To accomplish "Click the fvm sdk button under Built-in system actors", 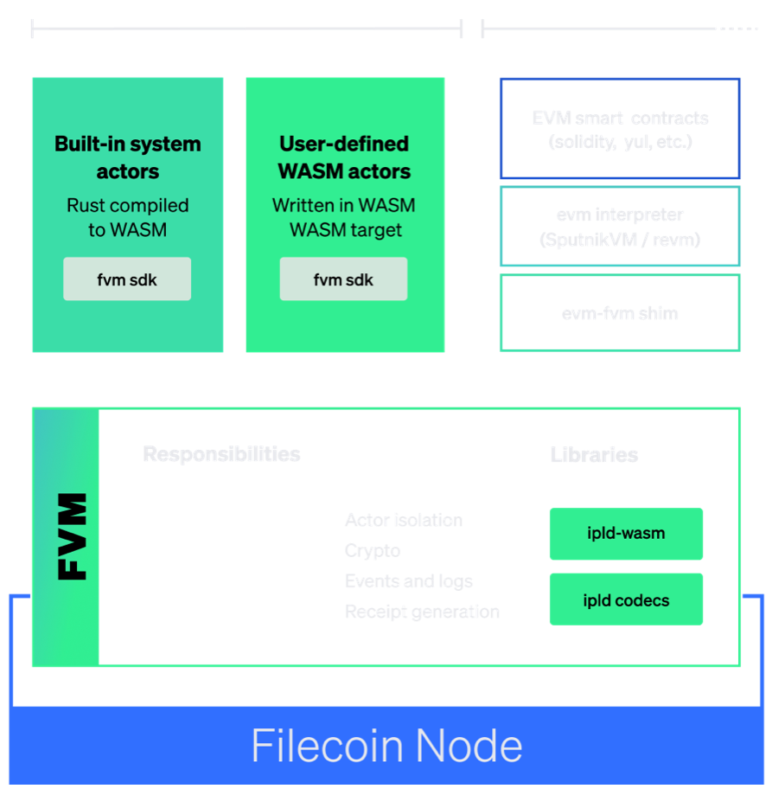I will pos(127,279).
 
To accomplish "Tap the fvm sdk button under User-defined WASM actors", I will pos(343,279).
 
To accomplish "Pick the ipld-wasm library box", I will pos(626,534).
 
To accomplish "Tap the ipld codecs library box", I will pos(626,599).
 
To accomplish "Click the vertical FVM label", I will pos(71,536).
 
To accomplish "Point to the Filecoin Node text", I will pos(386,746).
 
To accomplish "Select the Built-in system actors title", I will pos(127,157).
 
